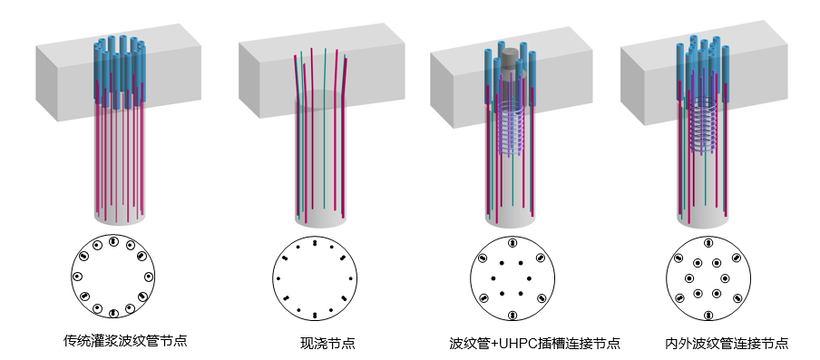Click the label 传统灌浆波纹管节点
tap(125, 342)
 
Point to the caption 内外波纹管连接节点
tap(726, 344)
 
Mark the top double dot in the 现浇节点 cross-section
tap(314, 244)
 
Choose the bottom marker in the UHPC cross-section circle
tap(512, 315)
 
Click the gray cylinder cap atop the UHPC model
tap(512, 55)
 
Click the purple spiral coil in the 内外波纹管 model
tap(705, 127)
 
